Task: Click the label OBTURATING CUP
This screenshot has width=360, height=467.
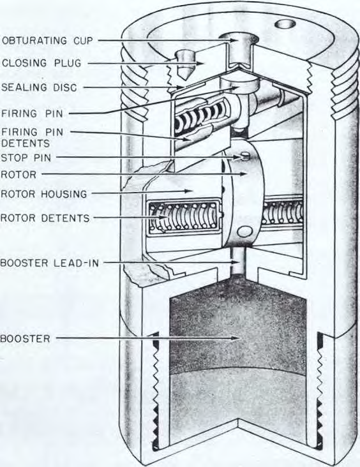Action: pyautogui.click(x=47, y=40)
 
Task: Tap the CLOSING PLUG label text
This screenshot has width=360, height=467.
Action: pyautogui.click(x=41, y=63)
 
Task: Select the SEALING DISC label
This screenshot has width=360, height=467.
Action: pyautogui.click(x=39, y=87)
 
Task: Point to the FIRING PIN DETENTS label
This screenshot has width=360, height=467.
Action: pyautogui.click(x=32, y=138)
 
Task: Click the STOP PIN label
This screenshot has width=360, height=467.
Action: pyautogui.click(x=26, y=158)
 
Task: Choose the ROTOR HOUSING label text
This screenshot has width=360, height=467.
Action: pyautogui.click(x=44, y=194)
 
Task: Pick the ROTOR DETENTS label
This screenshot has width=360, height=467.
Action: pyautogui.click(x=45, y=218)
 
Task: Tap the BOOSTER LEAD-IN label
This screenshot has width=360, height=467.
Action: pyautogui.click(x=50, y=263)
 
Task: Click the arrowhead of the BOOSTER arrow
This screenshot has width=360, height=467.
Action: pyautogui.click(x=236, y=338)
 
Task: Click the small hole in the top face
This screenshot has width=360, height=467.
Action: pyautogui.click(x=285, y=24)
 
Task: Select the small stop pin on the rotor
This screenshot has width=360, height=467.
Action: pyautogui.click(x=245, y=156)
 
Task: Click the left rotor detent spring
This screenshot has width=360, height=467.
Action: pyautogui.click(x=185, y=217)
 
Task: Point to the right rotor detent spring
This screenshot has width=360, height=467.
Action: pyautogui.click(x=284, y=214)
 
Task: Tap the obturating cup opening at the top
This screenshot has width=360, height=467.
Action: pyautogui.click(x=238, y=39)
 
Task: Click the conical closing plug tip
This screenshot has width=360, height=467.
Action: pyautogui.click(x=184, y=73)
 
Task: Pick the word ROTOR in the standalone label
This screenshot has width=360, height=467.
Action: pyautogui.click(x=19, y=175)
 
